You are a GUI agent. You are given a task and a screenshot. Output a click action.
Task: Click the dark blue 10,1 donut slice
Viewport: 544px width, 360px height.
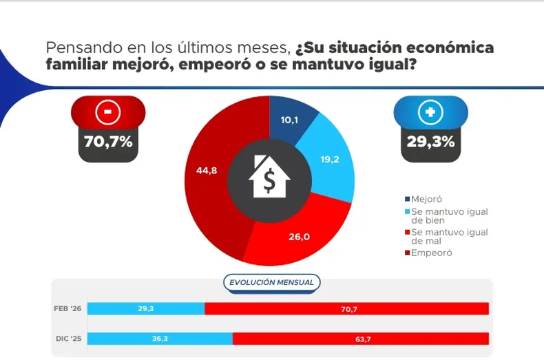point(289,120)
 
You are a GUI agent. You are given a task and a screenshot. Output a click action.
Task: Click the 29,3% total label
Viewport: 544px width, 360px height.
point(430,142)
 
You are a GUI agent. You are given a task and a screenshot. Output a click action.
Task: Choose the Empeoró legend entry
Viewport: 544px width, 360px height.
point(431,253)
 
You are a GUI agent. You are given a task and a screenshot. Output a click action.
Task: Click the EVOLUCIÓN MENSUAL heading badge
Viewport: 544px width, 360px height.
point(271,282)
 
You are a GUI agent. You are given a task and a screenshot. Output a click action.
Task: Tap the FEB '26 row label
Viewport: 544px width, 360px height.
point(67,308)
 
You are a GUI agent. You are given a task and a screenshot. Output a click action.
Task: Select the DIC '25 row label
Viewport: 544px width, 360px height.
point(67,339)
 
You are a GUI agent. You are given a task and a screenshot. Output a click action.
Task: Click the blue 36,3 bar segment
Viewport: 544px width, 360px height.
point(160,339)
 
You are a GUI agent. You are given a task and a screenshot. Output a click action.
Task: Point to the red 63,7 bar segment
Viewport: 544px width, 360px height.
point(361,339)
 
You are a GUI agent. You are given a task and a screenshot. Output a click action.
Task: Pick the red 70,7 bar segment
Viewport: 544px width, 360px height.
point(347,308)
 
